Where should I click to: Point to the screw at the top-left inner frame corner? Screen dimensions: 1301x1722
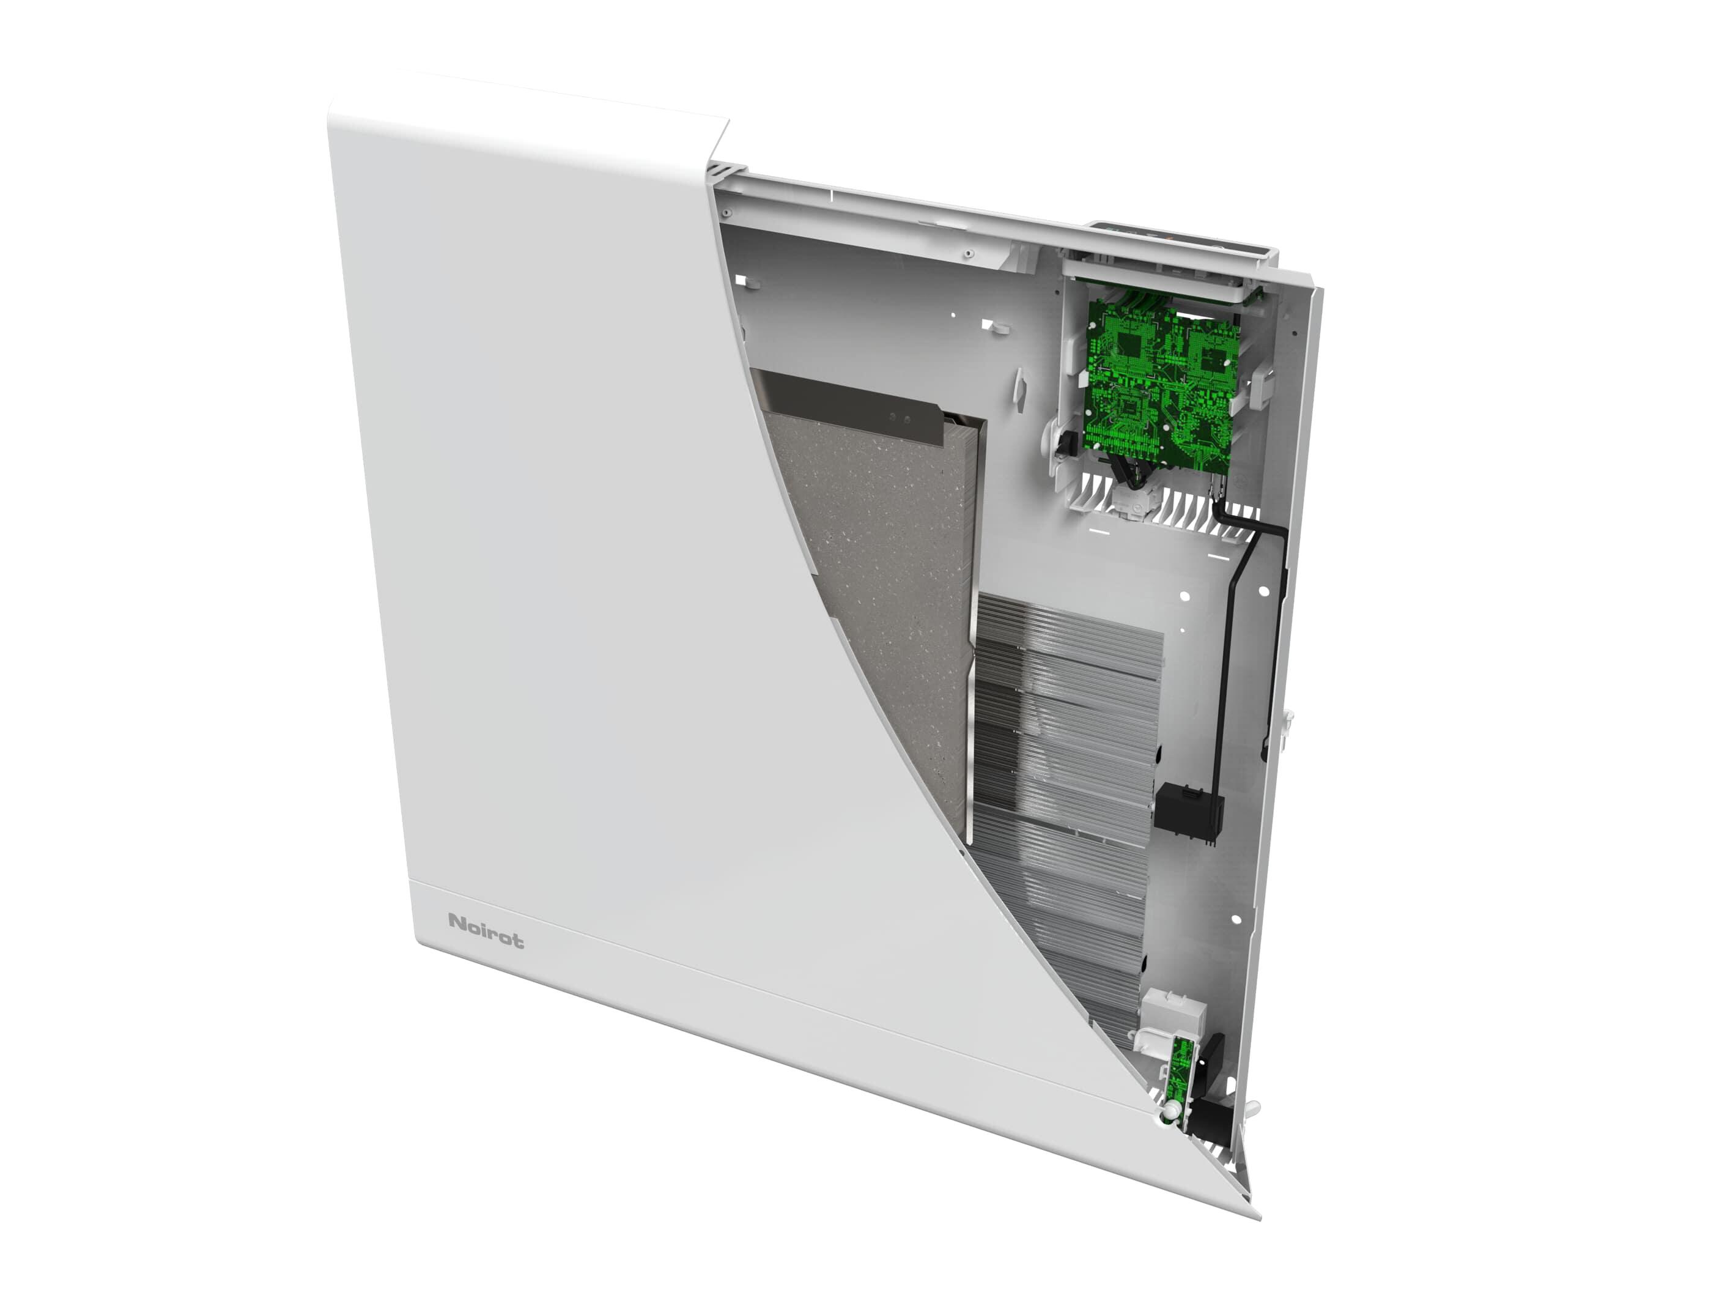pyautogui.click(x=725, y=211)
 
